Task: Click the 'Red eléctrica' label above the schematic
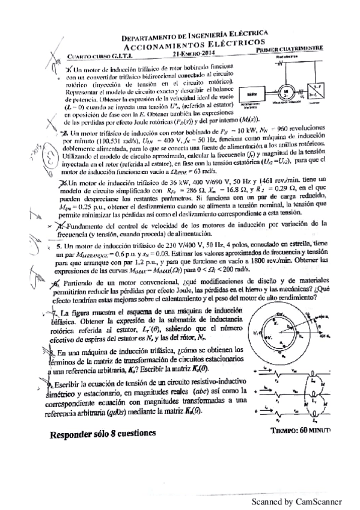[x=287, y=57]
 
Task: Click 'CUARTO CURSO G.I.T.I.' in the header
[x=91, y=56]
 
